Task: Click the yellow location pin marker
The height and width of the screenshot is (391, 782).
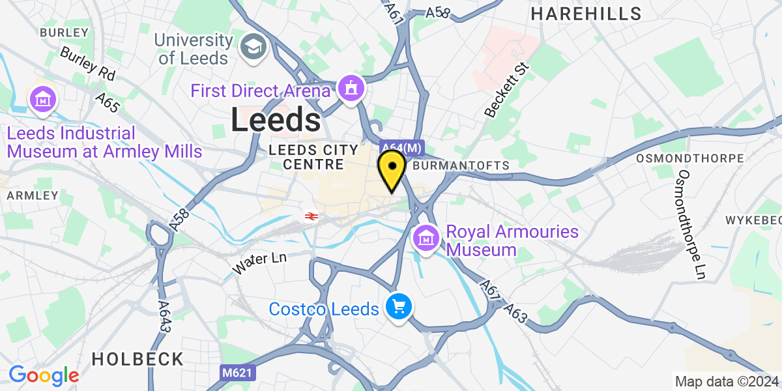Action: coord(392,167)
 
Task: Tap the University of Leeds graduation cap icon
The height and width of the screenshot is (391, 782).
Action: coord(252,46)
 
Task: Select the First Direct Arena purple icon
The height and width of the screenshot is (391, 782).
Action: coord(351,91)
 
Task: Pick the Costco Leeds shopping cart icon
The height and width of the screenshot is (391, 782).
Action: coord(398,306)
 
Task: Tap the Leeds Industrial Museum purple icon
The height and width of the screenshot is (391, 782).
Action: coord(44,100)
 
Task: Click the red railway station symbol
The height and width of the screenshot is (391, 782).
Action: coord(311,216)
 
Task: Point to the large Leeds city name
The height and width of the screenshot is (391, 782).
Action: coord(276,121)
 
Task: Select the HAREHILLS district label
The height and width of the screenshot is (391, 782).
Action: coord(586,13)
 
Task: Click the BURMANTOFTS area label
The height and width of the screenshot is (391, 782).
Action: coord(461,166)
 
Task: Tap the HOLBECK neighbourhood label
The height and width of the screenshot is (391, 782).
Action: coord(138,358)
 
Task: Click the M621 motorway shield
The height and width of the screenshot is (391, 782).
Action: coord(237,372)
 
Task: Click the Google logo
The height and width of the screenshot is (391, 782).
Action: coord(44,375)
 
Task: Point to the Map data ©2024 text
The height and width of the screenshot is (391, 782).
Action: coord(726,381)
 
